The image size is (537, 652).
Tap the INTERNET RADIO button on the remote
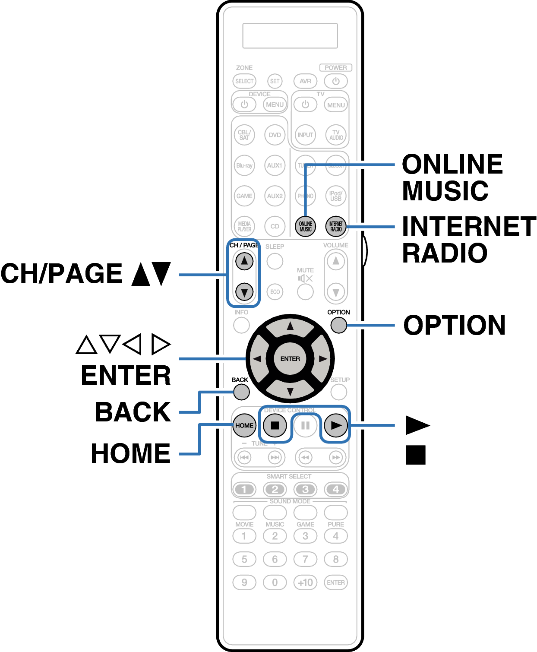[x=336, y=226]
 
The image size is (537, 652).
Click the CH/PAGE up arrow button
[x=244, y=261]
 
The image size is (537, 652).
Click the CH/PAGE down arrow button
[x=244, y=292]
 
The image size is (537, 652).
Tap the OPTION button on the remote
[x=339, y=325]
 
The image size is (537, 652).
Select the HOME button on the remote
[x=244, y=425]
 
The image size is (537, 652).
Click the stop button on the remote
[x=275, y=425]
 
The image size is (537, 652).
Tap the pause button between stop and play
[x=306, y=426]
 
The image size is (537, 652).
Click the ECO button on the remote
[x=275, y=292]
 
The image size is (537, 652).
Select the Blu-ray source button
[x=244, y=165]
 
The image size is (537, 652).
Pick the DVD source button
[x=275, y=135]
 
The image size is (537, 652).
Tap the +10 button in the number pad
[x=306, y=582]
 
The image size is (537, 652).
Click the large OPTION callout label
[x=454, y=325]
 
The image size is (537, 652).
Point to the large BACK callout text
[x=133, y=412]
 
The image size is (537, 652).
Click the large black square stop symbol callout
[x=416, y=455]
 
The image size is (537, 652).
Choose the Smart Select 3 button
[x=306, y=489]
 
